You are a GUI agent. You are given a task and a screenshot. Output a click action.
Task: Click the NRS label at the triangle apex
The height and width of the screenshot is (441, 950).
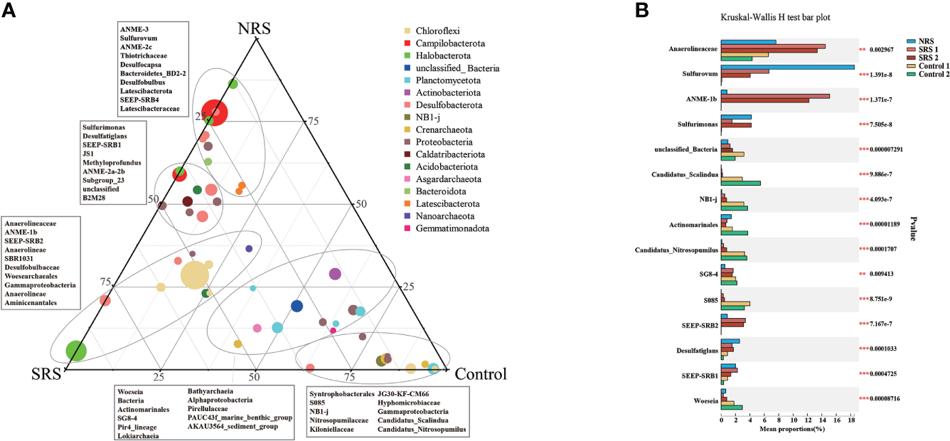point(254,29)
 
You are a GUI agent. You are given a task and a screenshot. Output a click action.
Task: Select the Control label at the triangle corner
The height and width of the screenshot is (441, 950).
point(480,374)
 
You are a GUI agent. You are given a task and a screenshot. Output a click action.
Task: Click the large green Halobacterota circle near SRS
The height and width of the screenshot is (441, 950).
point(76,351)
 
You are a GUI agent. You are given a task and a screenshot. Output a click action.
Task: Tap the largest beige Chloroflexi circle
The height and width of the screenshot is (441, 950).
point(195,275)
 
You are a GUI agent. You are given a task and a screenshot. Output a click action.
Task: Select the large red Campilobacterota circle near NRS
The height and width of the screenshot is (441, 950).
point(215,112)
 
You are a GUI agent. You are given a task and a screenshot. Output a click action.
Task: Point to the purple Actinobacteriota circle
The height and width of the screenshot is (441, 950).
point(335,275)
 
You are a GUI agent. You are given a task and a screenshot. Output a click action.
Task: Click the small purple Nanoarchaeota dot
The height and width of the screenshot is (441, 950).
point(249,249)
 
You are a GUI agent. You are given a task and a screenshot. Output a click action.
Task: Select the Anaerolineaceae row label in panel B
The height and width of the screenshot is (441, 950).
point(692,50)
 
